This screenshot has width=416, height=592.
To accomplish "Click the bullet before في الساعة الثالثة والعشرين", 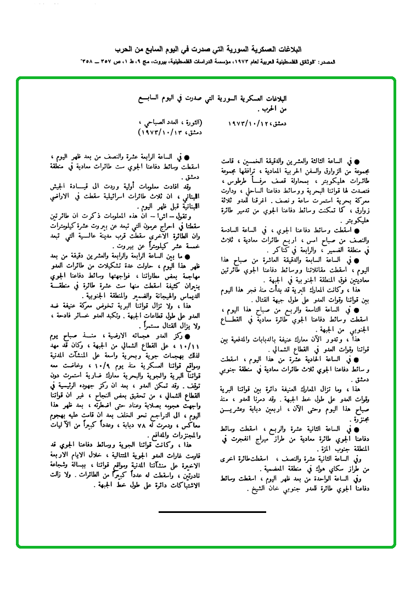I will point(357,161).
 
